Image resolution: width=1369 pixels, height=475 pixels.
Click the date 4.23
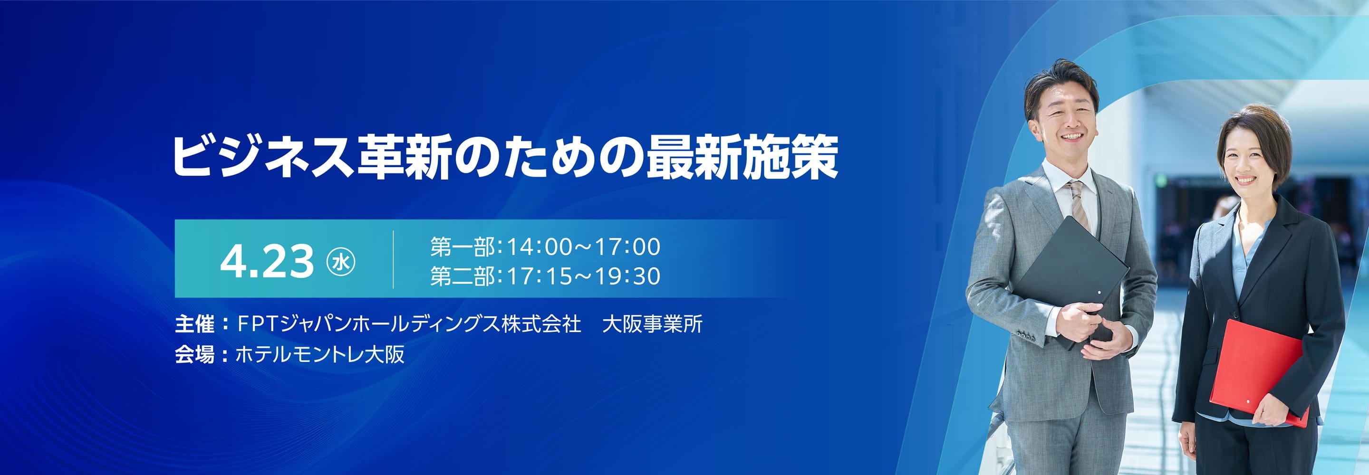267,261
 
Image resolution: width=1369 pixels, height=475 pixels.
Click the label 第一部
463,247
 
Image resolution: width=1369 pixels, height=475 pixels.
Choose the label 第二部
463,276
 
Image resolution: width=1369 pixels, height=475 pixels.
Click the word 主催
194,323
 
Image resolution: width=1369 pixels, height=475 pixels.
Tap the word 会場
194,354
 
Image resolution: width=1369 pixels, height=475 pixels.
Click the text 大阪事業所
653,323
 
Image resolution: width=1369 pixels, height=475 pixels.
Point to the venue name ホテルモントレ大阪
320,354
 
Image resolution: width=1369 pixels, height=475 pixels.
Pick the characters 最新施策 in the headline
742,157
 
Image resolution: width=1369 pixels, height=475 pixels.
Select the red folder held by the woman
1259,372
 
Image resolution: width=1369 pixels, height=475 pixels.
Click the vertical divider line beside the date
393,260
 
